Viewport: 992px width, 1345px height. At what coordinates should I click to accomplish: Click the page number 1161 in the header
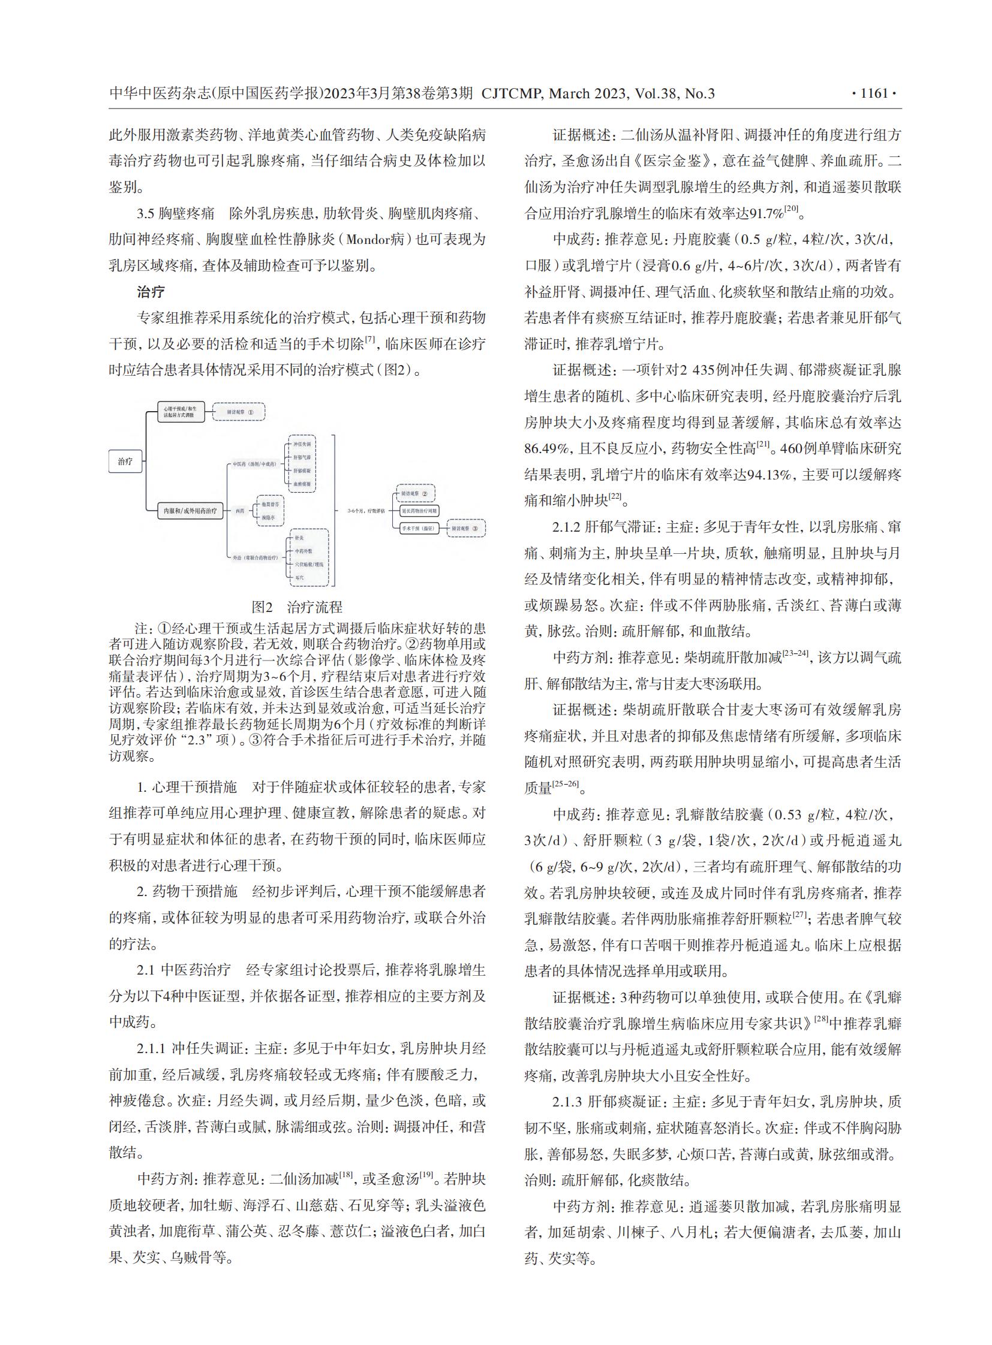point(874,94)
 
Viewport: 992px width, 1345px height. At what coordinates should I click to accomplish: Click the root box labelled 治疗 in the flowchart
point(125,461)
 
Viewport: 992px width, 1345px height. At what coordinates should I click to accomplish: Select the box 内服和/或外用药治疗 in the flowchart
point(190,511)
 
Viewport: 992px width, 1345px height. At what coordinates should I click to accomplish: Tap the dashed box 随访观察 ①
point(239,412)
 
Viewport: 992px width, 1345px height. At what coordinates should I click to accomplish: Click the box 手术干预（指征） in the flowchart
point(419,528)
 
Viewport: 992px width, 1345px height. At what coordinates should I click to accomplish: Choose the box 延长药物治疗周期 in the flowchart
point(419,511)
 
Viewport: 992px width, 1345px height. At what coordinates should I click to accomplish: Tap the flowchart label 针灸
point(299,538)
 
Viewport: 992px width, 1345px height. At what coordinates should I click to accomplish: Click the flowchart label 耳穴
point(299,577)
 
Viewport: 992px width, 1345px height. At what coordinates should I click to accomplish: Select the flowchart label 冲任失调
point(302,444)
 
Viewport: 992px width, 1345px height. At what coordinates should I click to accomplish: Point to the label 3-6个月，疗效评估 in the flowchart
point(366,511)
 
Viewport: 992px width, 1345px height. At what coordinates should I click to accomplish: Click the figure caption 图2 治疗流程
point(297,607)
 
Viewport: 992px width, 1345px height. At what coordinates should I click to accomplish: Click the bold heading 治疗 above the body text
point(150,292)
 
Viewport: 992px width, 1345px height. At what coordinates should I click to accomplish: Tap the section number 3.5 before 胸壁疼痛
point(146,213)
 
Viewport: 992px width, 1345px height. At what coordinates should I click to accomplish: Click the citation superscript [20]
point(792,209)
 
